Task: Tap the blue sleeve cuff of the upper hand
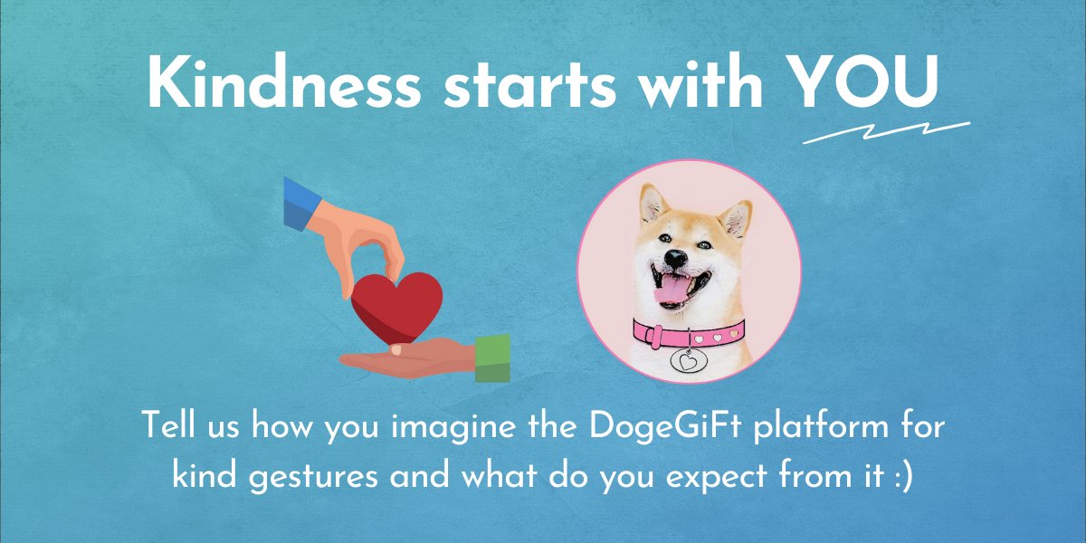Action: click(x=298, y=205)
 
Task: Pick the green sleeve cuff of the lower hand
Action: click(x=492, y=358)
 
